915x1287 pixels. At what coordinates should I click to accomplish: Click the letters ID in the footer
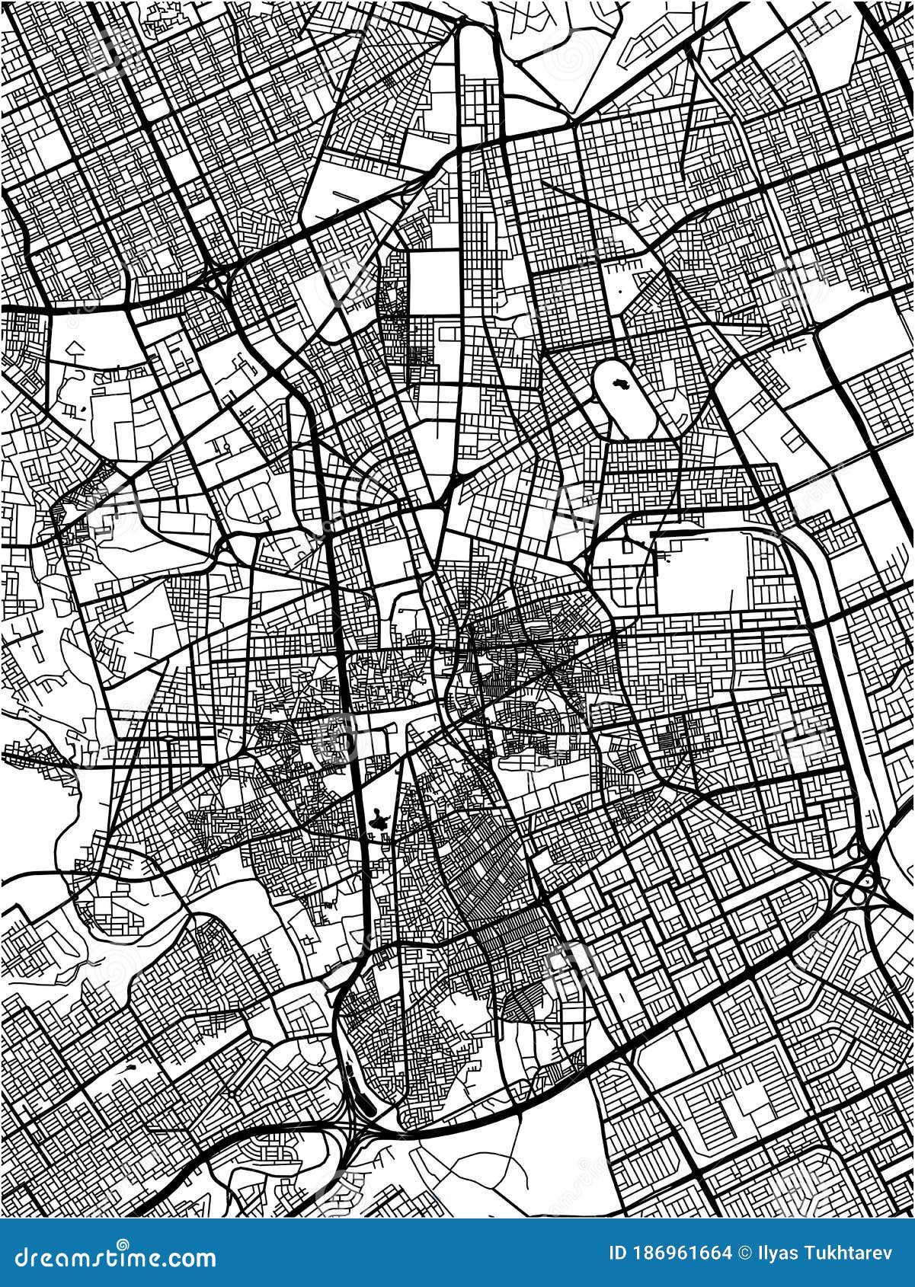619,1253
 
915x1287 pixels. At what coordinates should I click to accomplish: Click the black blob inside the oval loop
619,385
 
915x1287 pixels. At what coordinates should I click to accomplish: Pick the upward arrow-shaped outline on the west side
73,349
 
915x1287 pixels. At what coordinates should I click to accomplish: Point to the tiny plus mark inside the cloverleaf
867,880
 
